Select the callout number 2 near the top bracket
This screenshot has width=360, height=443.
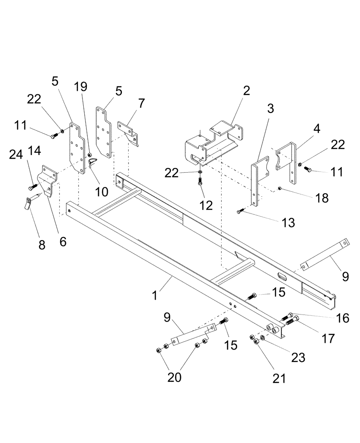pyautogui.click(x=246, y=91)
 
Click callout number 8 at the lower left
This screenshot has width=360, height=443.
pyautogui.click(x=42, y=245)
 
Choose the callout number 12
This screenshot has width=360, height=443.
pyautogui.click(x=205, y=205)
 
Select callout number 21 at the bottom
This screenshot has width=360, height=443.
pyautogui.click(x=280, y=379)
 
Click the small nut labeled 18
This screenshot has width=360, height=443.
pyautogui.click(x=280, y=189)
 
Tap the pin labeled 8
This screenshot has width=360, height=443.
pyautogui.click(x=27, y=204)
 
